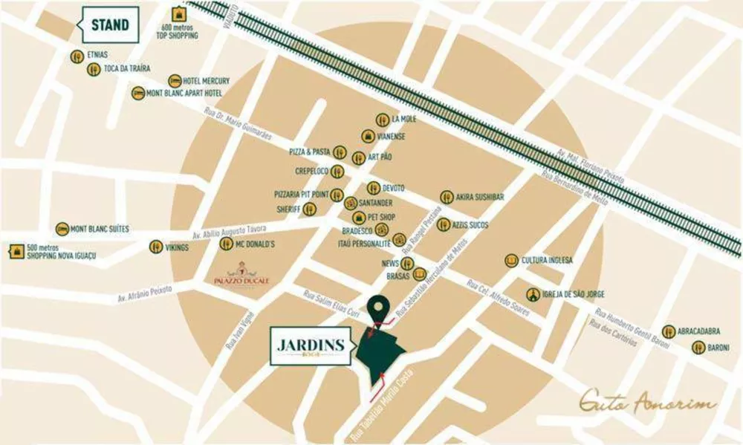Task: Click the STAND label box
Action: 110,25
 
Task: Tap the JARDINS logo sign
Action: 311,347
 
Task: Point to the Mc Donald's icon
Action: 226,244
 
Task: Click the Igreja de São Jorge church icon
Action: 533,295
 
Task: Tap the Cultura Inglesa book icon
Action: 511,260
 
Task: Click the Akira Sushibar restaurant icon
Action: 447,197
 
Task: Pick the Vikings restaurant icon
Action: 156,247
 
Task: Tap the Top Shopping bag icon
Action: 178,14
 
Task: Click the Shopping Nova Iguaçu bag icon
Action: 16,251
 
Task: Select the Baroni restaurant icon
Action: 698,347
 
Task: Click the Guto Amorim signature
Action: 648,403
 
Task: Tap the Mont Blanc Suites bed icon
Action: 62,230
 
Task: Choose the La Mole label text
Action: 405,119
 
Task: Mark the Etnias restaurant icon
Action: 77,56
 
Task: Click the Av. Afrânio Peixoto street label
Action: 144,293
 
